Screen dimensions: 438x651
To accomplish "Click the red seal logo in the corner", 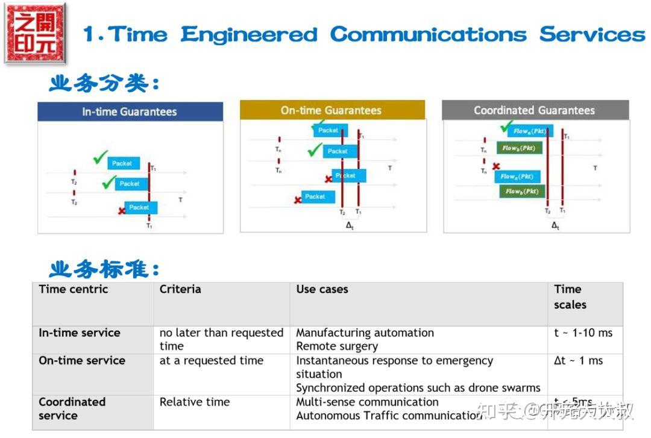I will pos(35,33).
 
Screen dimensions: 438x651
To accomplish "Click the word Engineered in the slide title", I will pos(248,34).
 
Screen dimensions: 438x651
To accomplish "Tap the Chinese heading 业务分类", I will pos(104,83).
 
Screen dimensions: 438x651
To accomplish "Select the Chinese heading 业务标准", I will pos(104,268).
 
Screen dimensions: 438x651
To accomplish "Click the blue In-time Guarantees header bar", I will pos(130,111).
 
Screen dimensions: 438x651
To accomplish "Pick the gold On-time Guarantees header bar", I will pos(332,110).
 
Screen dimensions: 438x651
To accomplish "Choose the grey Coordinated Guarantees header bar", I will pos(534,110).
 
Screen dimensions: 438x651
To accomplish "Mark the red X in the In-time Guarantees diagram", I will pos(122,210).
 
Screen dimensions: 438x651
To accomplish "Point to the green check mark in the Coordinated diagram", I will pos(507,127).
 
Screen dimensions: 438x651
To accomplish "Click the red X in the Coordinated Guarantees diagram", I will pos(495,166).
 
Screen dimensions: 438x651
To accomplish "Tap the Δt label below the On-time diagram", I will pos(350,225).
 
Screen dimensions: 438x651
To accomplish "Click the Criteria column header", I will pos(180,289).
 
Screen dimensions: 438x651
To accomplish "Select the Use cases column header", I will pos(322,289).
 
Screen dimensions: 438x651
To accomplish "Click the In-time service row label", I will pos(80,333).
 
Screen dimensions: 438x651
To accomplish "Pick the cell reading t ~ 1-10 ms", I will pos(583,333).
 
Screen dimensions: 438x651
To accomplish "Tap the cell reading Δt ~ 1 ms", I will pos(578,360).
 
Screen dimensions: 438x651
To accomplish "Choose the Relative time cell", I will pos(194,402).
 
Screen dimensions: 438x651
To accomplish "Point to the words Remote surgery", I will pos(337,346).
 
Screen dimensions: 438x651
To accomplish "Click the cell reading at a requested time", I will pos(211,360).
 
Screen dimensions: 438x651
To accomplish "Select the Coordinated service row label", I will pos(72,408).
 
